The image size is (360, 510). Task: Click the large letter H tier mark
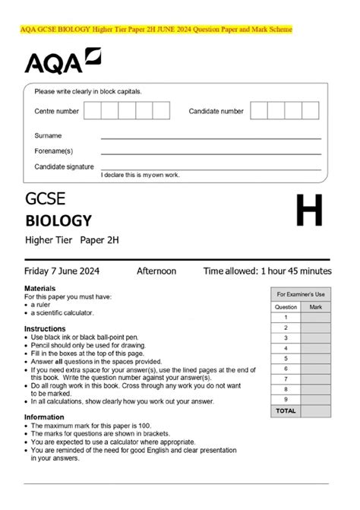pyautogui.click(x=309, y=211)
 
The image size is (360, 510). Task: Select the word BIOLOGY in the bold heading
pyautogui.click(x=58, y=221)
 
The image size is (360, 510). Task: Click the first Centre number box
pyautogui.click(x=92, y=111)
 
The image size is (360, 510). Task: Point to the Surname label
pyautogui.click(x=48, y=135)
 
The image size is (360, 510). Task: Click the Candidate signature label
pyautogui.click(x=64, y=166)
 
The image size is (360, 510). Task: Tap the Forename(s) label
pyautogui.click(x=53, y=150)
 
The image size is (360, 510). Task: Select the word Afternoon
pyautogui.click(x=156, y=271)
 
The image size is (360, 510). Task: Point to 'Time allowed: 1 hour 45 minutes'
pyautogui.click(x=267, y=271)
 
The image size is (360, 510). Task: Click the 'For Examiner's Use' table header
pyautogui.click(x=300, y=294)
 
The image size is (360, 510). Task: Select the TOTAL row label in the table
pyautogui.click(x=286, y=410)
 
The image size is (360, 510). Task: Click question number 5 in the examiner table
pyautogui.click(x=286, y=358)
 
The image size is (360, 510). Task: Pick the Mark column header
pyautogui.click(x=316, y=307)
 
